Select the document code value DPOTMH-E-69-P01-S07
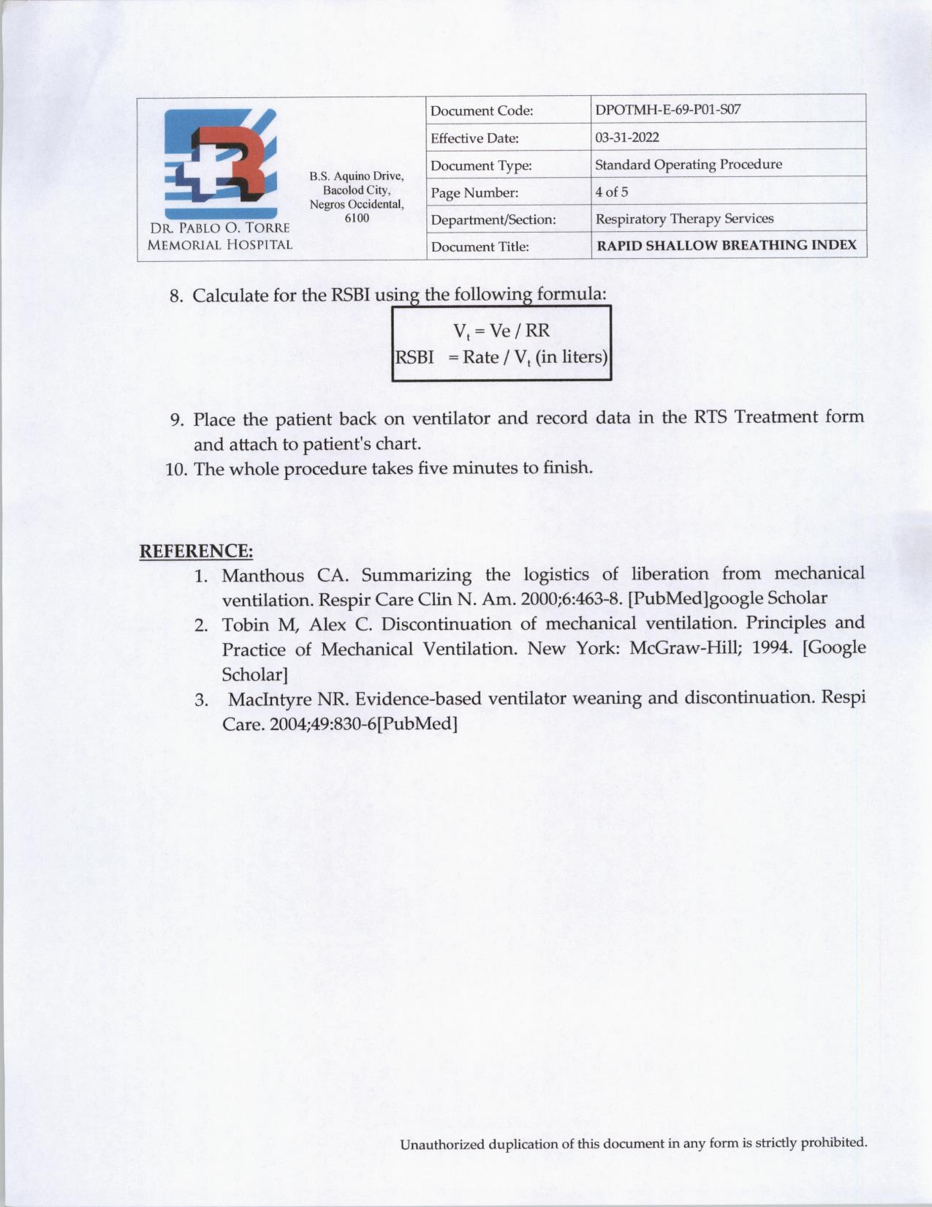coord(667,110)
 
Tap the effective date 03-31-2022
coord(627,138)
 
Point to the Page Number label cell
coord(474,193)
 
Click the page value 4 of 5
coord(612,192)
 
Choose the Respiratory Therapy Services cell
coord(684,219)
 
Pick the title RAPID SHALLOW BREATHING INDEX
coord(727,246)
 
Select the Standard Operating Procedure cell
coord(689,165)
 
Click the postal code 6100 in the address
coord(357,218)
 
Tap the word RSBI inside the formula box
coord(414,357)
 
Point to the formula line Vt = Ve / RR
coord(501,331)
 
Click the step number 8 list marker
coord(175,296)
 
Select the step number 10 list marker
coord(176,469)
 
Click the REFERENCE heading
coord(196,551)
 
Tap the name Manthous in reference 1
coord(262,575)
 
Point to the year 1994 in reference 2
coord(772,648)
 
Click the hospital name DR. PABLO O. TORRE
coord(220,228)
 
